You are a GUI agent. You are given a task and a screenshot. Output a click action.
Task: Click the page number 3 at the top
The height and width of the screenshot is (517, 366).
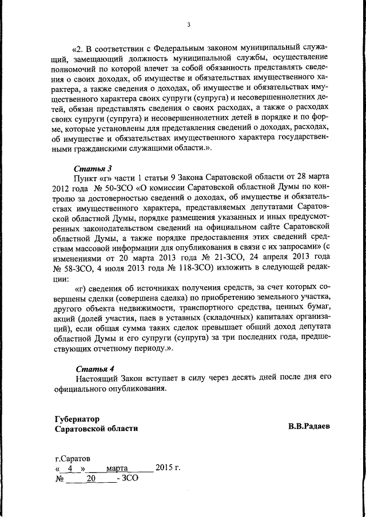188,24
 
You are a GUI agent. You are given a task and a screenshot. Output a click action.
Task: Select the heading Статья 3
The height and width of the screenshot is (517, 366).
93,168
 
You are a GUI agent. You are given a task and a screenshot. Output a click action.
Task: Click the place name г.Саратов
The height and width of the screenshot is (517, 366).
72,458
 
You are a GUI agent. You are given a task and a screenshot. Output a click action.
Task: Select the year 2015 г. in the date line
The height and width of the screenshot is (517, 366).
168,468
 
